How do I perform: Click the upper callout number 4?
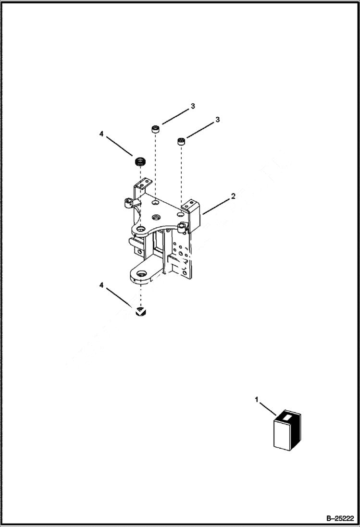tap(101, 134)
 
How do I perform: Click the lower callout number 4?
tap(101, 285)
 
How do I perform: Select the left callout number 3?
tap(192, 106)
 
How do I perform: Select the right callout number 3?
tap(217, 120)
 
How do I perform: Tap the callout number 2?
tap(233, 196)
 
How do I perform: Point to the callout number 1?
tap(257, 399)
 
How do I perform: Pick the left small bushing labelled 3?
tap(156, 129)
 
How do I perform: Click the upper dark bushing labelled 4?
tap(140, 161)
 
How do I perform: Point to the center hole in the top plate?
tap(156, 217)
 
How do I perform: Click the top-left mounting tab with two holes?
tap(142, 184)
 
